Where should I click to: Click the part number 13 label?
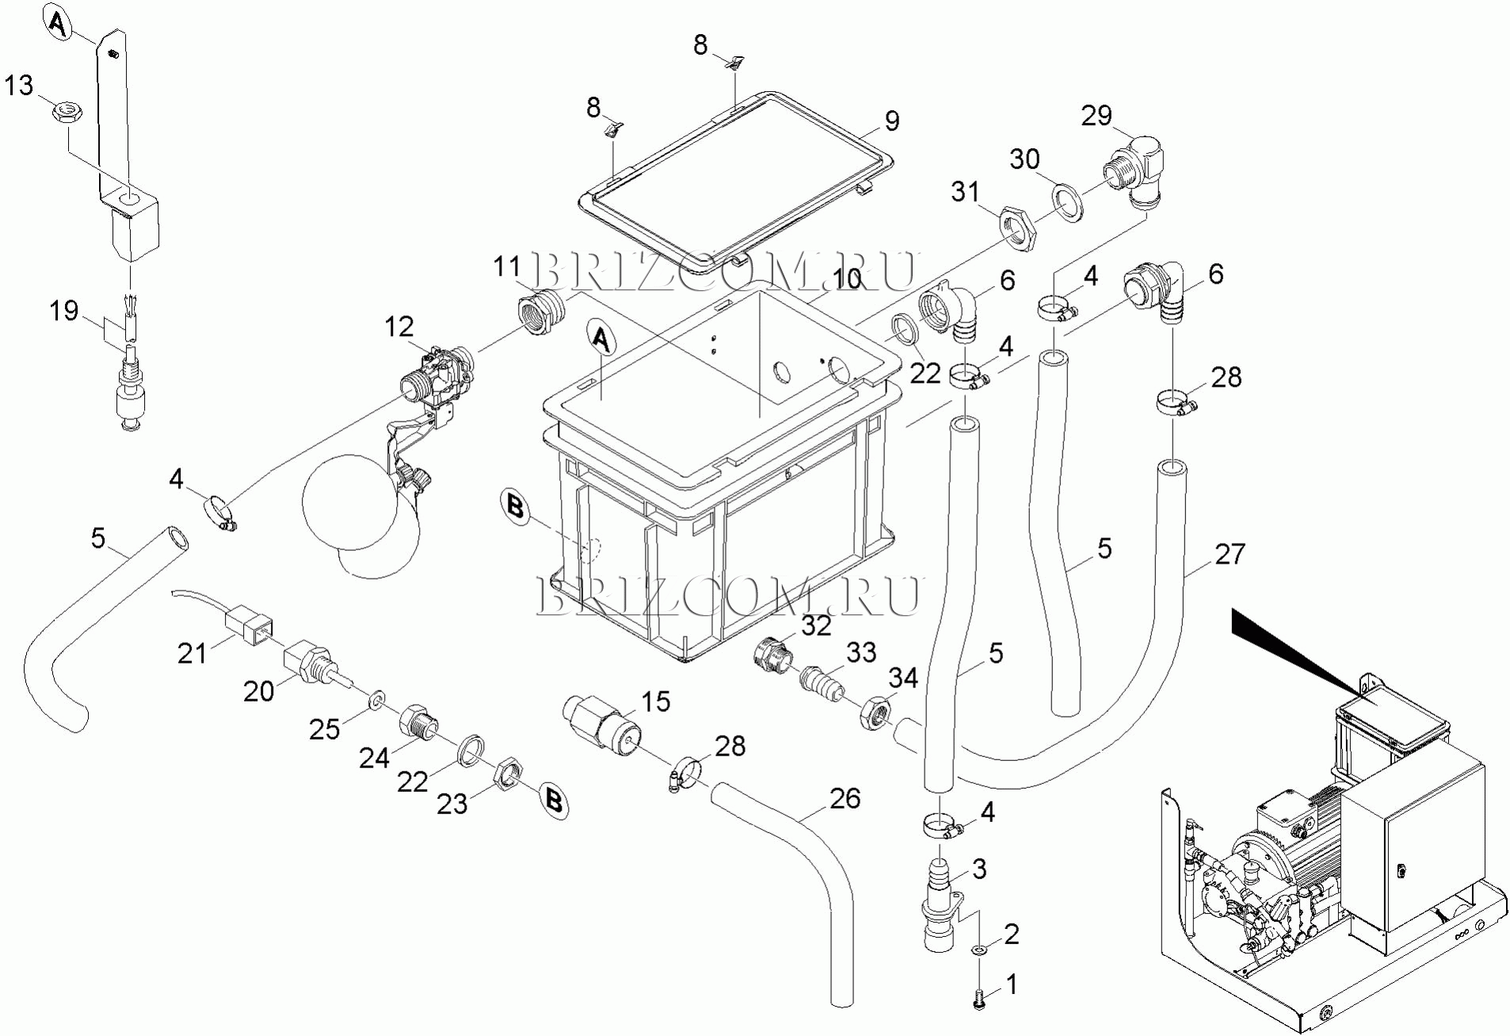[x=19, y=85]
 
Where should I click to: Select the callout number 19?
[x=64, y=310]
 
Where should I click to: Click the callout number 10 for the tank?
[x=847, y=279]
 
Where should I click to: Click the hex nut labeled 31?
[x=1017, y=230]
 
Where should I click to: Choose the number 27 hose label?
[x=1230, y=554]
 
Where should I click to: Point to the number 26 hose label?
[x=845, y=798]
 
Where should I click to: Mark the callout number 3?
[x=979, y=869]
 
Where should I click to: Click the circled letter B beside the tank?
[x=516, y=506]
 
